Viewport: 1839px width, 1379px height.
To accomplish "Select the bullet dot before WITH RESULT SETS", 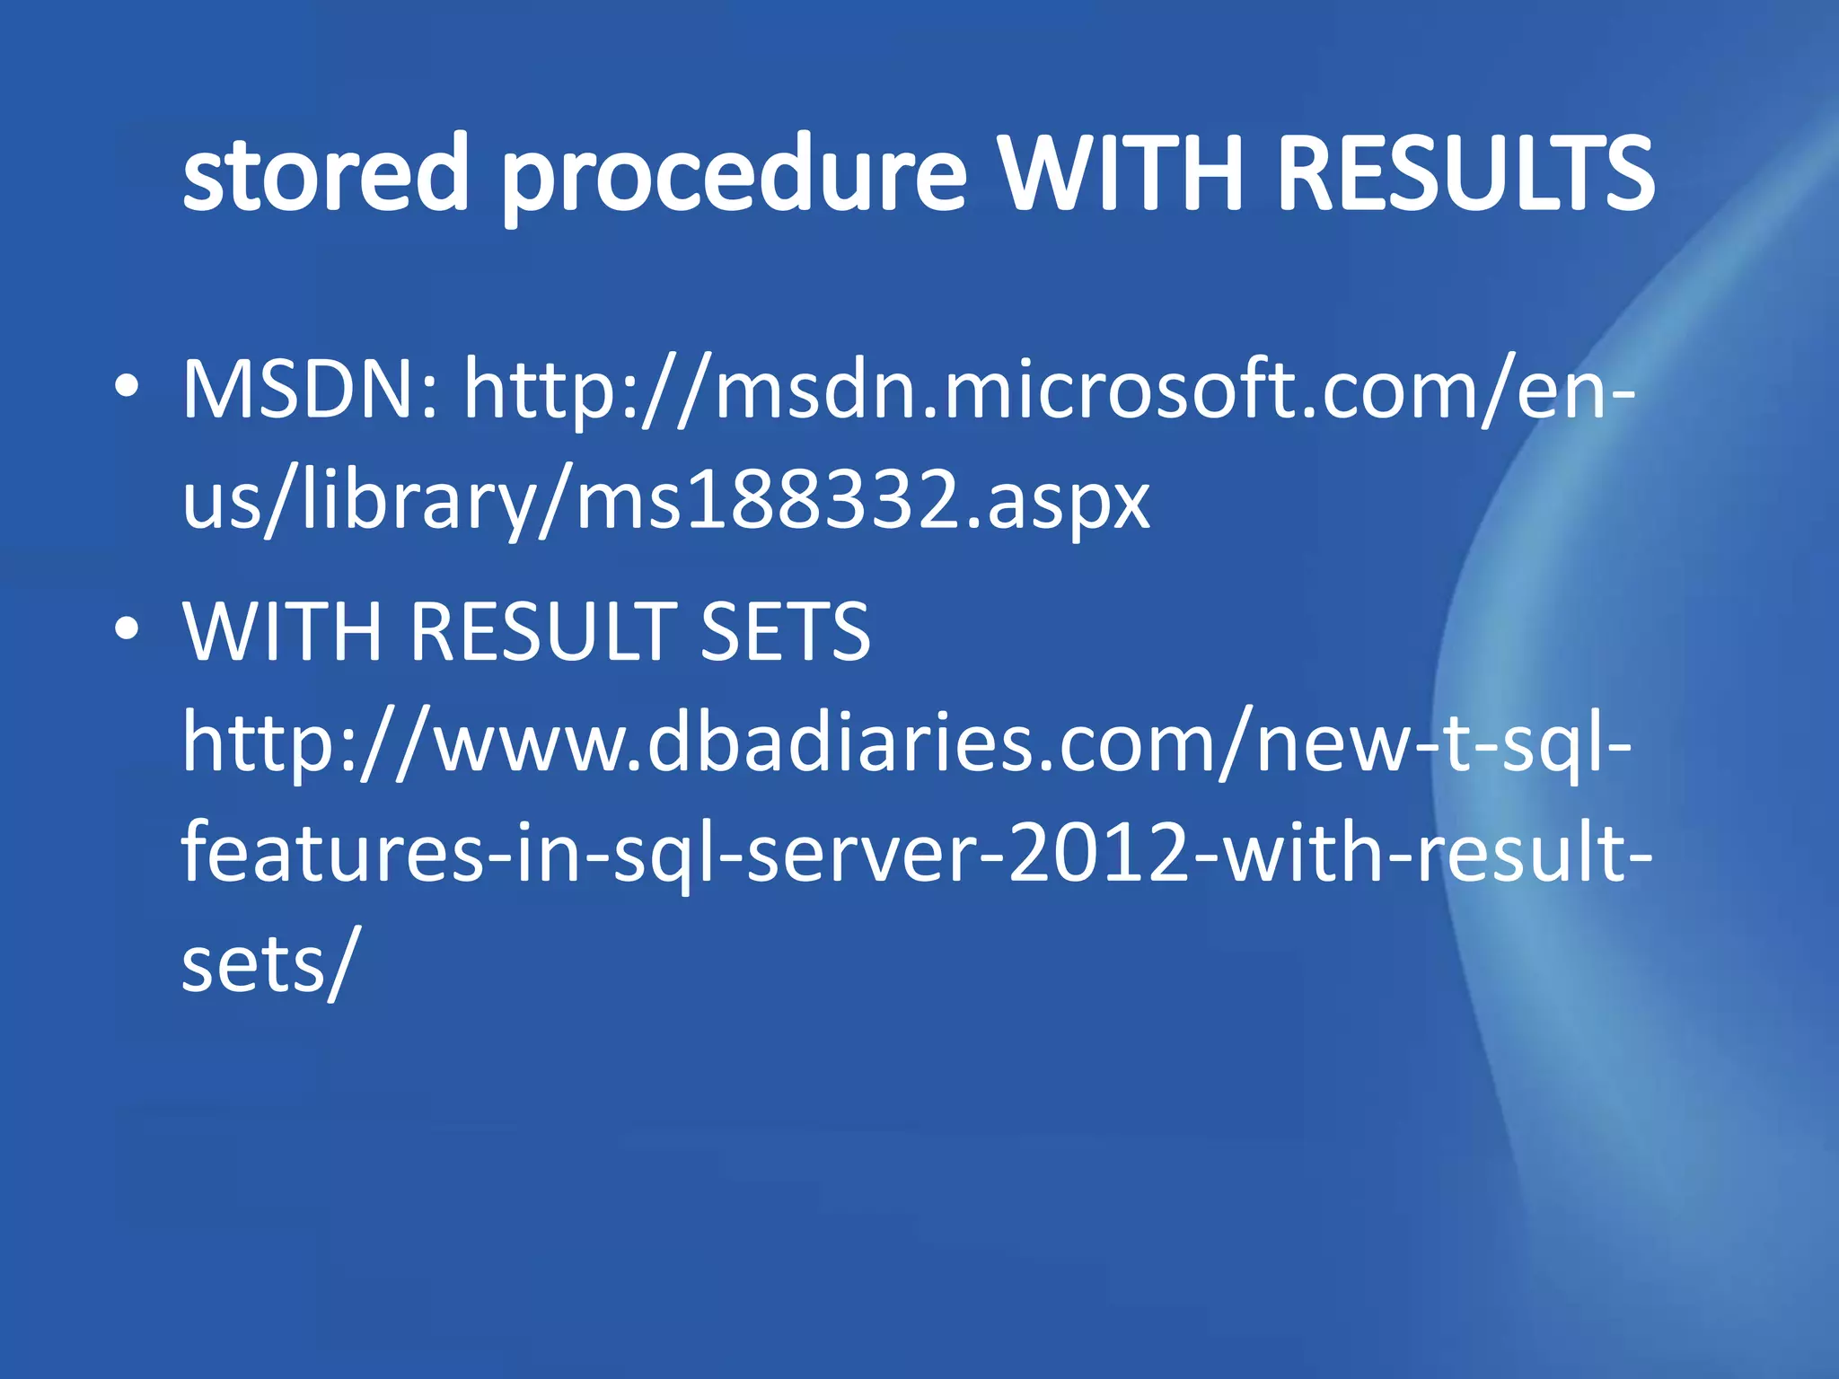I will pyautogui.click(x=127, y=628).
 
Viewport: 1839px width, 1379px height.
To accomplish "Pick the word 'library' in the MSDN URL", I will pyautogui.click(x=418, y=501).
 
